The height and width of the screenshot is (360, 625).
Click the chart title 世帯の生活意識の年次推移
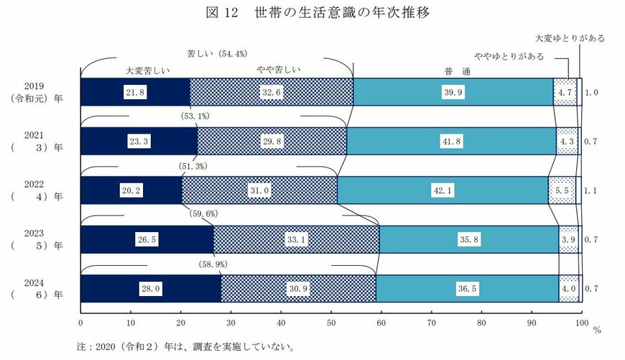click(341, 14)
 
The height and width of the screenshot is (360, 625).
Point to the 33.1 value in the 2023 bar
click(295, 239)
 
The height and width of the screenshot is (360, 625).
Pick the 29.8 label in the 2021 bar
click(272, 141)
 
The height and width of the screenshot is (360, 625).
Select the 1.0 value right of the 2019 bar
click(592, 93)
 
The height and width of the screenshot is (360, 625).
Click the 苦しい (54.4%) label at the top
click(217, 54)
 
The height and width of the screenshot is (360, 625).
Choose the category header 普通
click(453, 70)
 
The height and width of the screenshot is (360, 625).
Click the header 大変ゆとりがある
click(570, 37)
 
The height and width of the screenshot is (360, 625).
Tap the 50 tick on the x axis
click(331, 322)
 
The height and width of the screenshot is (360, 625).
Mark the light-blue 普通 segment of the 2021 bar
click(451, 141)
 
